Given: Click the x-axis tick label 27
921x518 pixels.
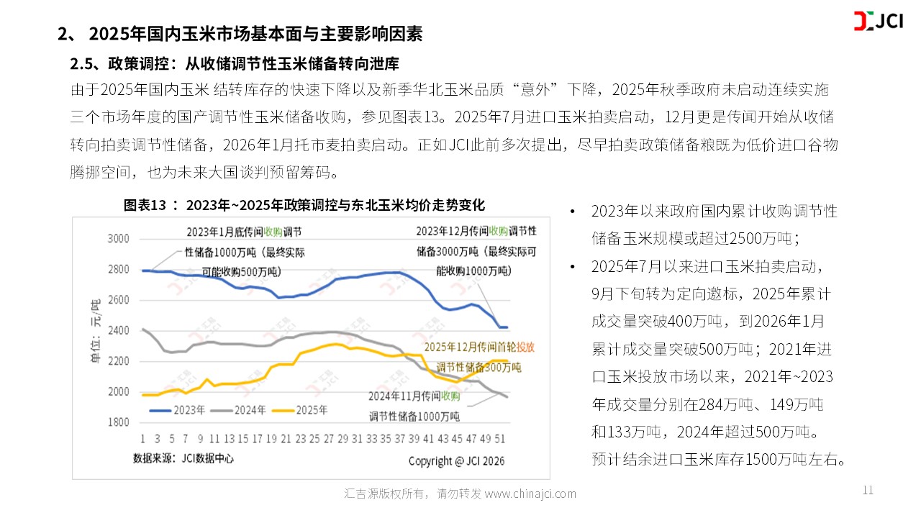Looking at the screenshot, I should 328,438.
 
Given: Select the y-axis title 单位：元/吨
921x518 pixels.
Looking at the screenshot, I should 95,330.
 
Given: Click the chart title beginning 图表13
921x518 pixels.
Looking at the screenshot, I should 304,206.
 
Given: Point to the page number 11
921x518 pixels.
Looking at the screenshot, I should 867,491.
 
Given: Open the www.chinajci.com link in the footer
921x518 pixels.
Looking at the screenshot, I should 530,494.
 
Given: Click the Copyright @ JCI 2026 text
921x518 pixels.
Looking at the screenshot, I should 456,460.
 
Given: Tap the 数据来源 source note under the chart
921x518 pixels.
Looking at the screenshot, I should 183,458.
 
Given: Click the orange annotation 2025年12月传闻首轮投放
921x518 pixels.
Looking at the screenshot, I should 479,347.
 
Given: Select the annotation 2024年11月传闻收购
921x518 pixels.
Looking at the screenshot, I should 414,396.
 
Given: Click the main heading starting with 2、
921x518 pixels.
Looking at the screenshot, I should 240,34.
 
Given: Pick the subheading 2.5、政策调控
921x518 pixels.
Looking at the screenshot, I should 234,64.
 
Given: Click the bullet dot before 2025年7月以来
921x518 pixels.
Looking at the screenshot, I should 572,267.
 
